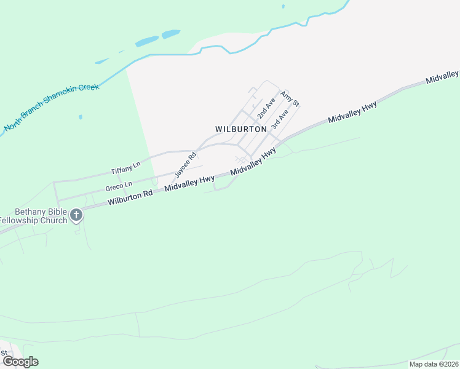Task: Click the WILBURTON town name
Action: pos(241,129)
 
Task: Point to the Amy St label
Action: pos(290,98)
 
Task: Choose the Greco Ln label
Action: pos(119,185)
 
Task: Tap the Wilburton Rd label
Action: pos(130,197)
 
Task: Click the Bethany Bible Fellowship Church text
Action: pos(34,216)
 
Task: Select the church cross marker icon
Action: pos(76,215)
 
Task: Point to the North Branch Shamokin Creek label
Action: pos(52,107)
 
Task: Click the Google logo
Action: pos(20,361)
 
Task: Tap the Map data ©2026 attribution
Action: pos(434,364)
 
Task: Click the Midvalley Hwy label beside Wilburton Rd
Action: pos(189,184)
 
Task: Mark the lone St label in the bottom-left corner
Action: pos(4,353)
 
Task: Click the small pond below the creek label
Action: pos(80,116)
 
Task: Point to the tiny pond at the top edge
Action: pos(283,6)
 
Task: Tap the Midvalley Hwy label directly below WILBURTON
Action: pos(253,162)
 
